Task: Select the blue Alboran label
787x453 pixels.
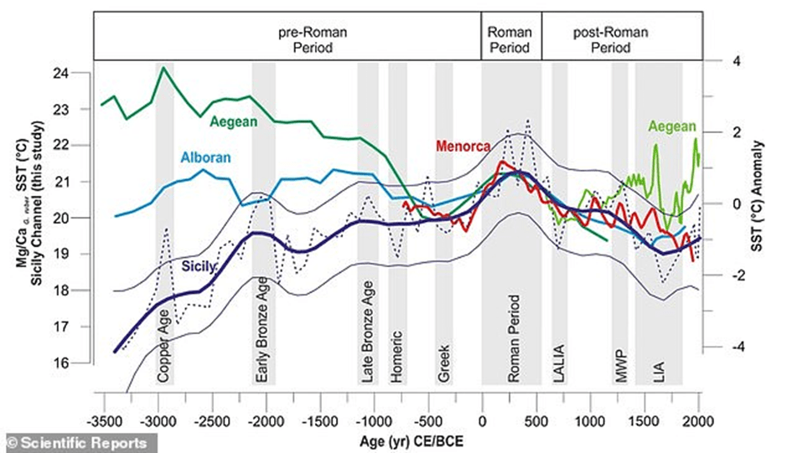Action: [205, 157]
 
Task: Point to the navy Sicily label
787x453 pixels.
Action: [201, 266]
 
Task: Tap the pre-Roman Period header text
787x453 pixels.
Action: [312, 39]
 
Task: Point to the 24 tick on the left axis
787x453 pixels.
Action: [79, 73]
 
